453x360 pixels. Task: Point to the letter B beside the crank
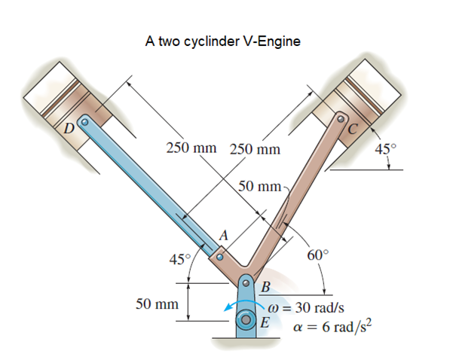click(265, 286)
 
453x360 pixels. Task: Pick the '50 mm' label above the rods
click(259, 187)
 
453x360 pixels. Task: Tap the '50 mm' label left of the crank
click(156, 304)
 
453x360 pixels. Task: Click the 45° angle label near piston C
click(384, 148)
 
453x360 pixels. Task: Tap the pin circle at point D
click(84, 121)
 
